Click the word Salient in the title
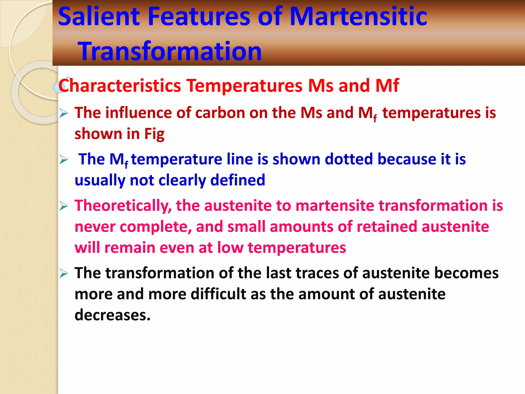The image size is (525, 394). (99, 17)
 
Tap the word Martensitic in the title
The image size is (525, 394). (358, 17)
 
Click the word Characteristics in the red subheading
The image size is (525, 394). (120, 85)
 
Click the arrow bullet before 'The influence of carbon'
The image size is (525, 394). (63, 113)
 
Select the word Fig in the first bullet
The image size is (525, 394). (154, 134)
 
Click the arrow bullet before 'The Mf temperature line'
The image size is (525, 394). (63, 160)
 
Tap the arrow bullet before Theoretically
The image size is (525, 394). (63, 206)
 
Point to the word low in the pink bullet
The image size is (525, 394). (230, 248)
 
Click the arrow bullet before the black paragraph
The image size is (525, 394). (63, 273)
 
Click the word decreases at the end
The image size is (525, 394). (112, 315)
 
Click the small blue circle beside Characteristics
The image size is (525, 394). (57, 87)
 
